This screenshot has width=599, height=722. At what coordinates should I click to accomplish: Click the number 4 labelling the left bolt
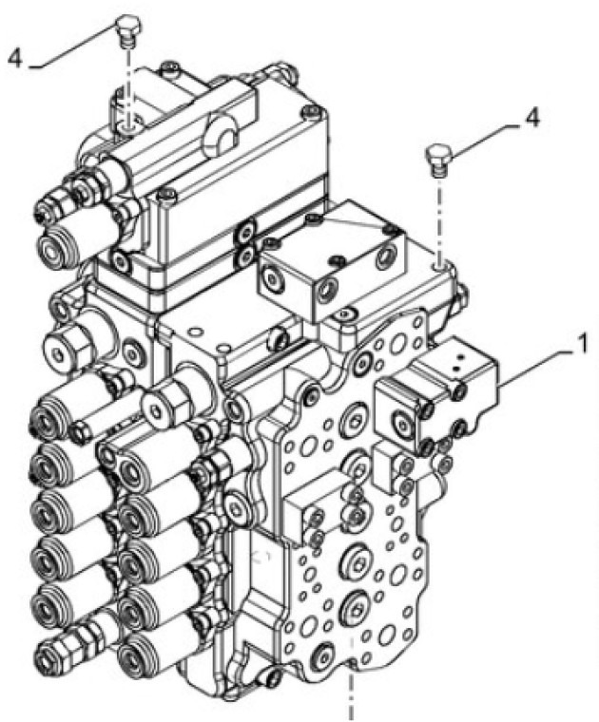(13, 58)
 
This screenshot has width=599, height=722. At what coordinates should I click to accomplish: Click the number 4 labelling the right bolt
(532, 119)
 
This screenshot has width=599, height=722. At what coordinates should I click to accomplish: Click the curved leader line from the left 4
(71, 51)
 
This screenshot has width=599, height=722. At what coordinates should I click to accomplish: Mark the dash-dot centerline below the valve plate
(353, 689)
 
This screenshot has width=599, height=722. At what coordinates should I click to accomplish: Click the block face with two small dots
(463, 360)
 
